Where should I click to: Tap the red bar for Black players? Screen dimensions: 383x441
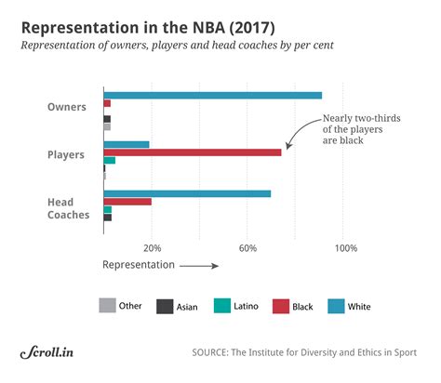pyautogui.click(x=193, y=152)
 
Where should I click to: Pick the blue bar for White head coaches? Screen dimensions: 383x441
pyautogui.click(x=187, y=193)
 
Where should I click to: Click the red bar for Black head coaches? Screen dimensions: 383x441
pyautogui.click(x=127, y=202)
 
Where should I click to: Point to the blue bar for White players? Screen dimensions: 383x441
pyautogui.click(x=127, y=144)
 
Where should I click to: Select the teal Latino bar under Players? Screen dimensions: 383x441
pyautogui.click(x=110, y=160)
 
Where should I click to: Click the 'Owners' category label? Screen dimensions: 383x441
pyautogui.click(x=68, y=107)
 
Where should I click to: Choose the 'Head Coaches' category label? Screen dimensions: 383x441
pyautogui.click(x=68, y=208)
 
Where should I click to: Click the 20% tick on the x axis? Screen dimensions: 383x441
pyautogui.click(x=153, y=248)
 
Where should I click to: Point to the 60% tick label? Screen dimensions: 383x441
pyautogui.click(x=247, y=248)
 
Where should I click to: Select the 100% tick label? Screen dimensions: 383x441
pyautogui.click(x=345, y=248)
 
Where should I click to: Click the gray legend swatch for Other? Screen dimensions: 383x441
pyautogui.click(x=108, y=306)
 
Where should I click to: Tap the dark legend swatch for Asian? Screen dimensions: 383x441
pyautogui.click(x=165, y=306)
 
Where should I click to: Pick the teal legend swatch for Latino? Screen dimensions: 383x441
pyautogui.click(x=222, y=306)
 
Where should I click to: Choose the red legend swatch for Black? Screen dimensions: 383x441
pyautogui.click(x=280, y=306)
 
